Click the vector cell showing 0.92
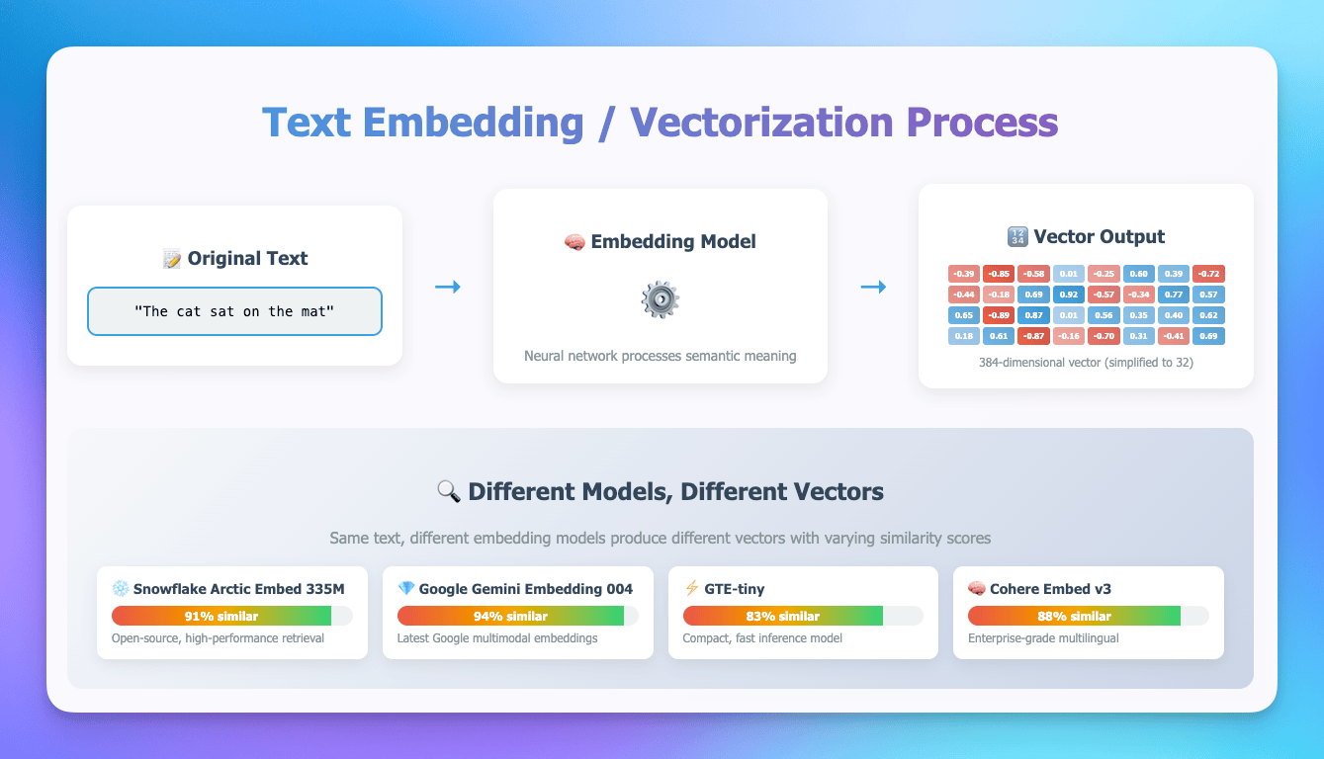pyautogui.click(x=1068, y=295)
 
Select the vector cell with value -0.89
pyautogui.click(x=998, y=315)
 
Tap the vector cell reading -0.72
pyautogui.click(x=1208, y=274)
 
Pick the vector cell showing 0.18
pyautogui.click(x=963, y=336)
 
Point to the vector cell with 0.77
pyautogui.click(x=1174, y=295)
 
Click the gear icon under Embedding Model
pyautogui.click(x=660, y=299)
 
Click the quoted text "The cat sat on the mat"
pyautogui.click(x=234, y=311)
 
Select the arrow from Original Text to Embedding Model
pyautogui.click(x=448, y=287)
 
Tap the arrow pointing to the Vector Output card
pyautogui.click(x=873, y=287)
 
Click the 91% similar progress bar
pyautogui.click(x=231, y=616)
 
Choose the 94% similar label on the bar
pyautogui.click(x=510, y=616)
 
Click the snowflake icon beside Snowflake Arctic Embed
pyautogui.click(x=121, y=589)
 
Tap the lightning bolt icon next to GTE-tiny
pyautogui.click(x=691, y=589)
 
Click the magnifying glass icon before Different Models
pyautogui.click(x=448, y=491)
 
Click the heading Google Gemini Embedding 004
pyautogui.click(x=525, y=589)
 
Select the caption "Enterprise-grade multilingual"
pyautogui.click(x=1043, y=638)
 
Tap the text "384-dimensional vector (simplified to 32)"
pyautogui.click(x=1086, y=362)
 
